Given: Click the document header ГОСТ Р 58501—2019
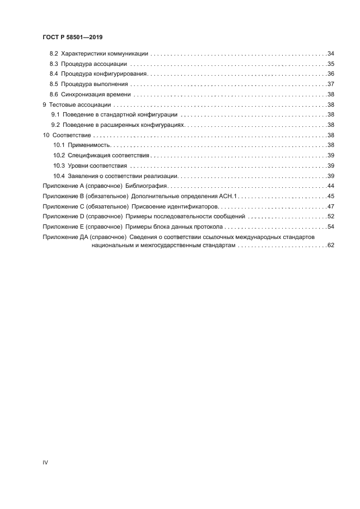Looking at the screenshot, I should (x=72, y=38).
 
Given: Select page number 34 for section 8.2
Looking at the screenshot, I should (x=330, y=54).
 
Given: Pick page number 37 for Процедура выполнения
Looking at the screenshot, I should (x=330, y=84).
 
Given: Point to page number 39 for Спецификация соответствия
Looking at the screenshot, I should (x=330, y=155).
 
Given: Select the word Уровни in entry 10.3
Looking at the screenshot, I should (x=78, y=165).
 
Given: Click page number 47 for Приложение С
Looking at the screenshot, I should (x=330, y=206).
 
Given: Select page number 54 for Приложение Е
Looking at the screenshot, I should (x=330, y=226).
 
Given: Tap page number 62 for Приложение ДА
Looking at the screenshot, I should (x=330, y=246).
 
